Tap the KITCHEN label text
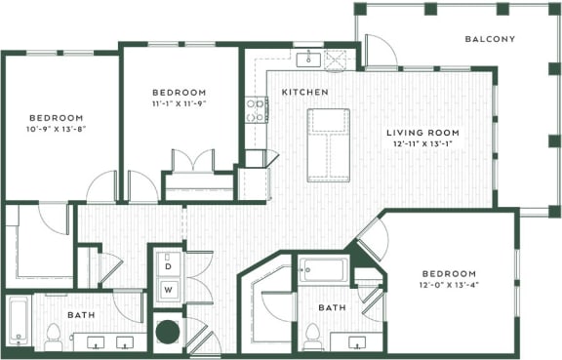pyautogui.click(x=303, y=92)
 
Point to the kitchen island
pyautogui.click(x=328, y=144)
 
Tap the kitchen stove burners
pyautogui.click(x=257, y=109)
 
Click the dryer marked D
pyautogui.click(x=167, y=265)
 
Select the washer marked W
pyautogui.click(x=167, y=289)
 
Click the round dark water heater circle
pyautogui.click(x=167, y=331)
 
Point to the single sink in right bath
pyautogui.click(x=357, y=341)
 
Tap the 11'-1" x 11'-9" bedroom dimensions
pyautogui.click(x=179, y=102)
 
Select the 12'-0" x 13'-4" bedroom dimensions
pyautogui.click(x=449, y=287)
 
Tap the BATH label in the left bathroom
pyautogui.click(x=80, y=315)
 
